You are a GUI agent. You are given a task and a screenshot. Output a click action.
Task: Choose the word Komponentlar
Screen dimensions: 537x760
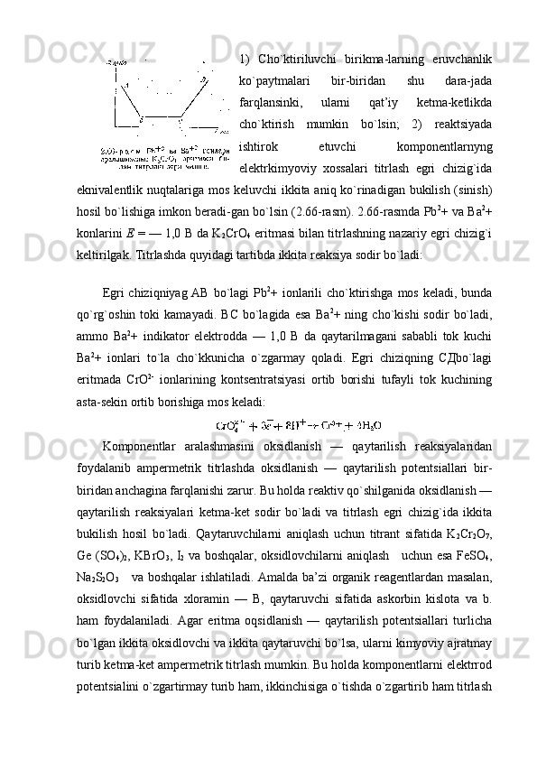click(x=141, y=447)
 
